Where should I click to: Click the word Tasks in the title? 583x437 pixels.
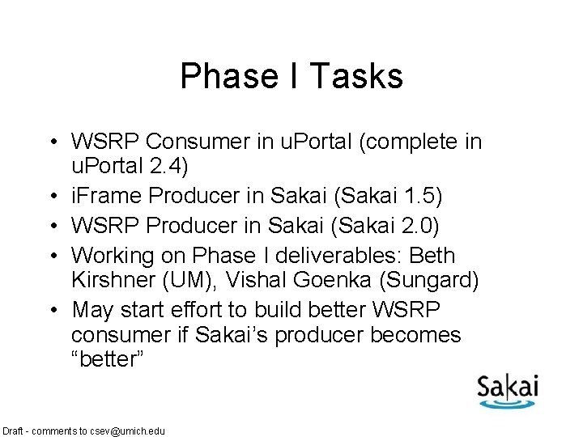357,77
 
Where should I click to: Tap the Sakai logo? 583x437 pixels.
507,389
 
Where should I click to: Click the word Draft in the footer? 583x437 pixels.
15,431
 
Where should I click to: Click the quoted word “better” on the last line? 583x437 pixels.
107,359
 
